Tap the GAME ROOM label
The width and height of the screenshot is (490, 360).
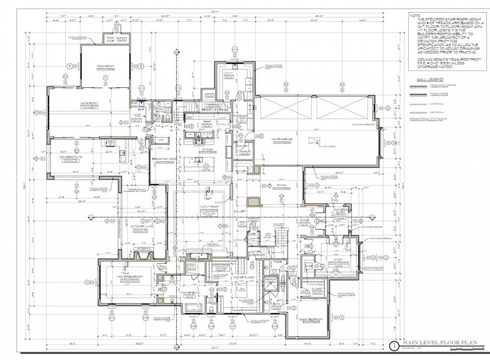coord(89,103)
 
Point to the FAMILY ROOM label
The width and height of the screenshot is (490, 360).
coord(209,206)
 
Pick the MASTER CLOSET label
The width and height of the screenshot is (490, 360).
coord(242,278)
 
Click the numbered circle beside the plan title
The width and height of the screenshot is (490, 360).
coord(394,344)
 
